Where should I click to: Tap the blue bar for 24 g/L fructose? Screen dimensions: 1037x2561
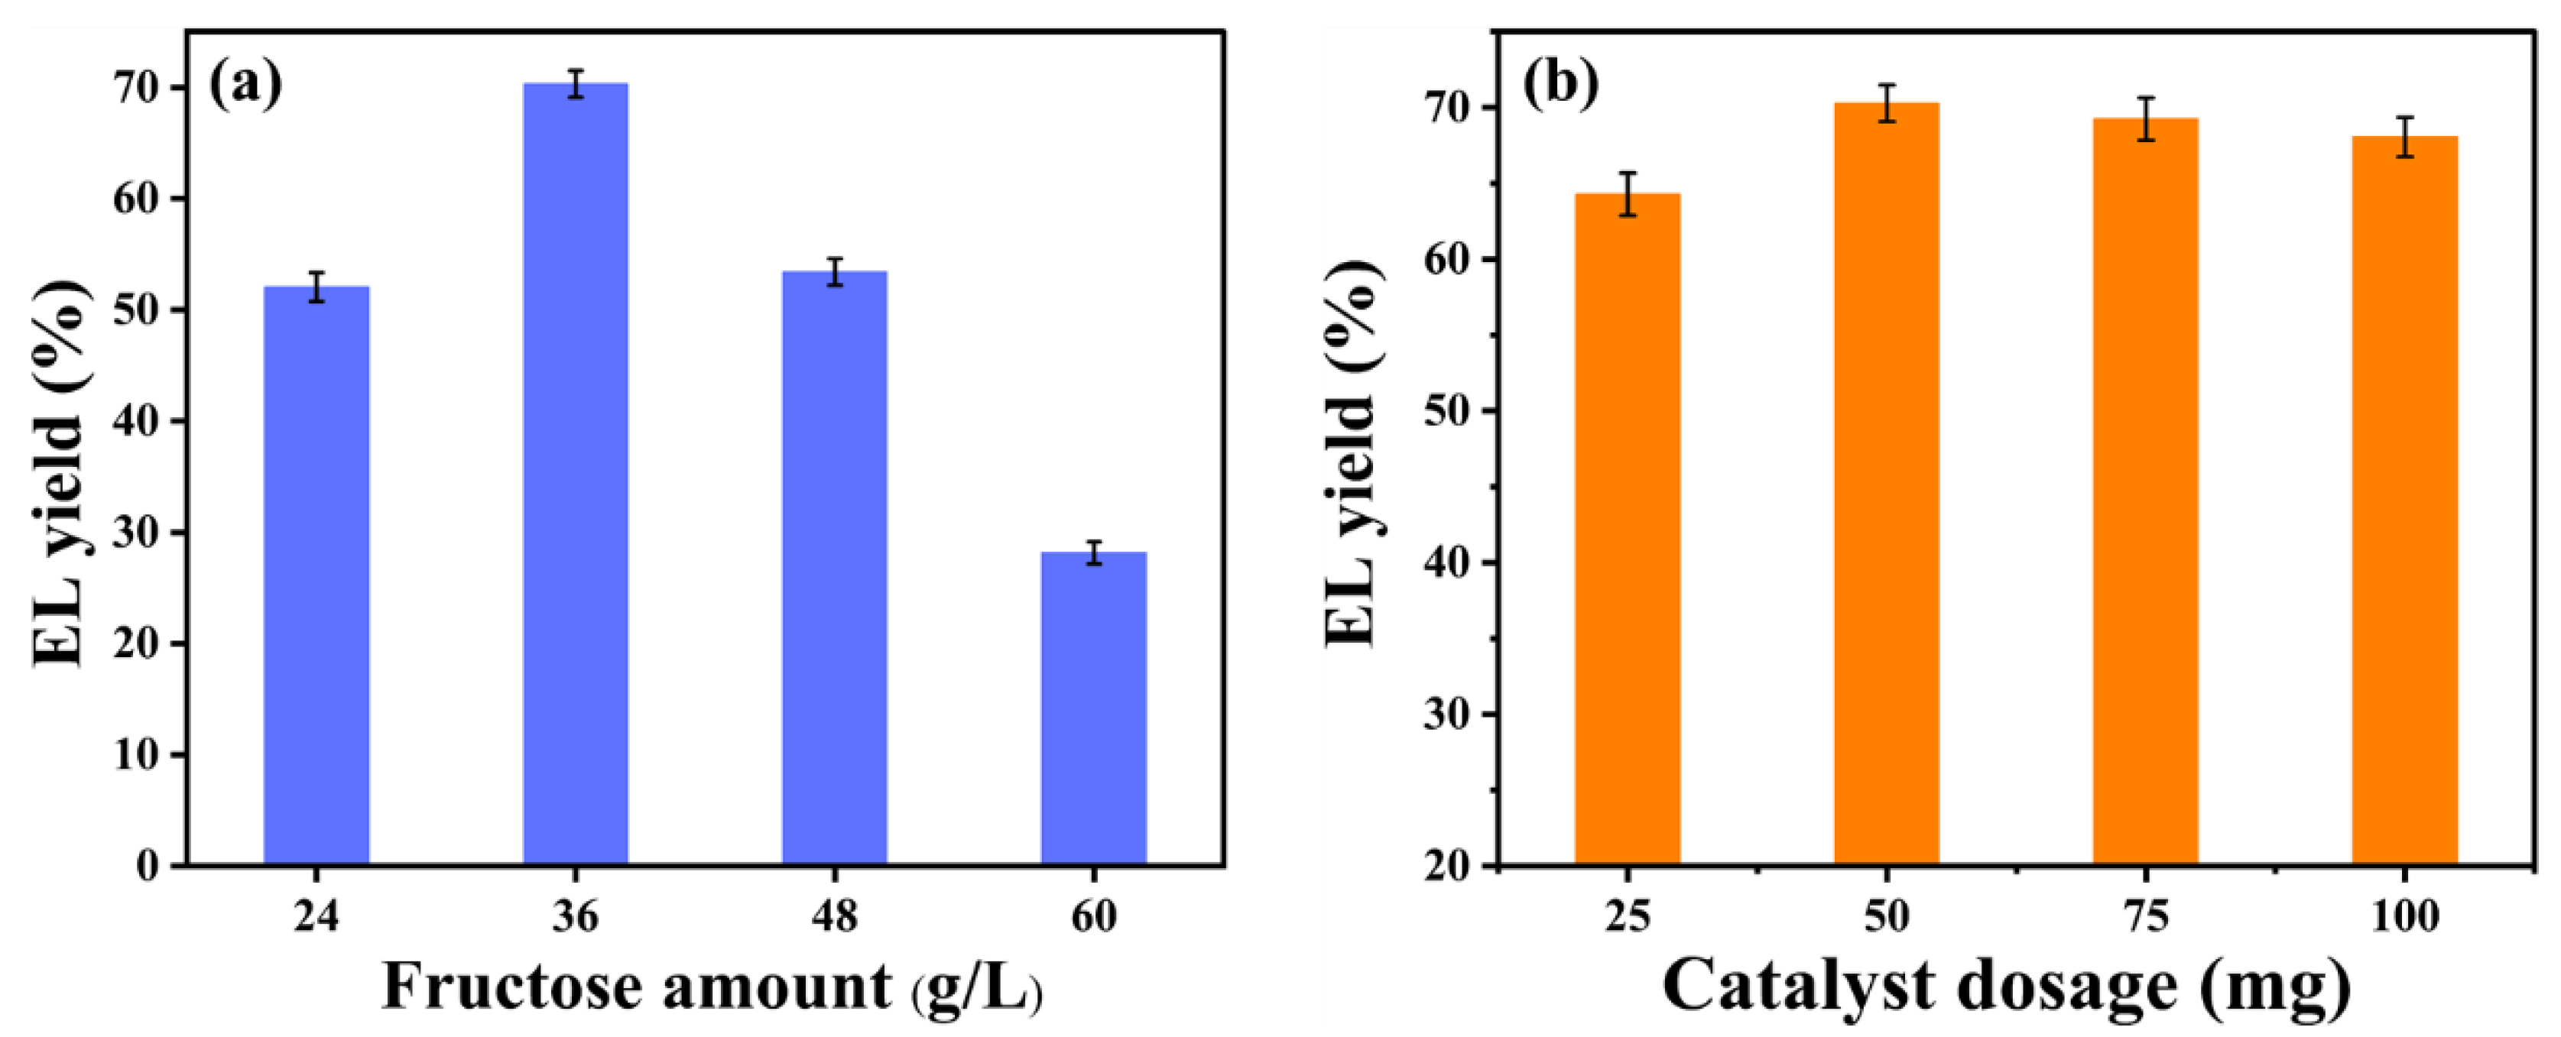(316, 577)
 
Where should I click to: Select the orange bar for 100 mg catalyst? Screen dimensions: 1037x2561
(2404, 501)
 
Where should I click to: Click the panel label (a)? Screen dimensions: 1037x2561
(245, 83)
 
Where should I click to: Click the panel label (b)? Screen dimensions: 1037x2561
(1561, 83)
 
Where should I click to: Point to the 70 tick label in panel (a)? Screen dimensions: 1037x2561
(135, 89)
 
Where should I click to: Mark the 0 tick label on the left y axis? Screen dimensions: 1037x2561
(147, 866)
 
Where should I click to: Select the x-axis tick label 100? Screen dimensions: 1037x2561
(2404, 915)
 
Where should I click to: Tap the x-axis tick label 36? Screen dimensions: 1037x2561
(576, 915)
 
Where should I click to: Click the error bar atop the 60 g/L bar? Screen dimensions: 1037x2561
(1094, 553)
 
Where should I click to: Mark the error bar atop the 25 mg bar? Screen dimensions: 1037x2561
(1628, 194)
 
